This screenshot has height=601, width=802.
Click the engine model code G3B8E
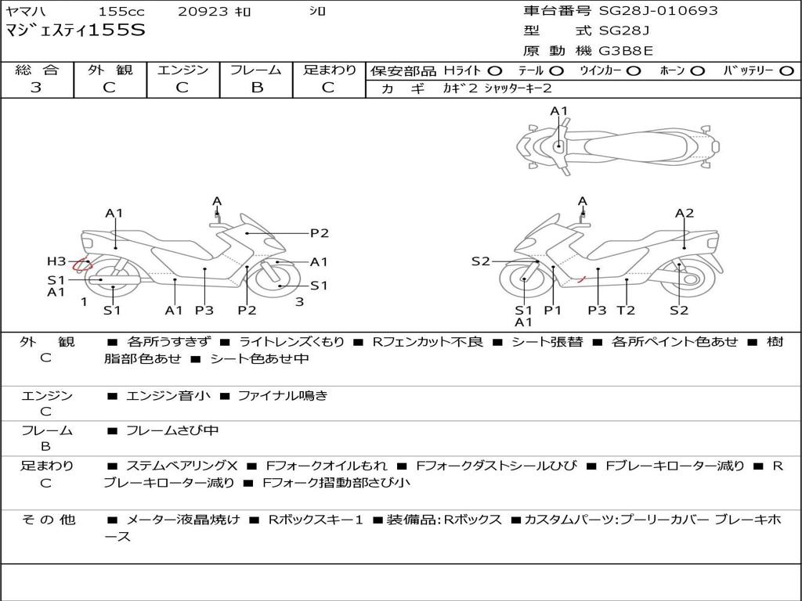(x=626, y=51)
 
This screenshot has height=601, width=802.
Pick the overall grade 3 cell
(x=36, y=88)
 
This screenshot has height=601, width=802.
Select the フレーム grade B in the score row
(x=256, y=88)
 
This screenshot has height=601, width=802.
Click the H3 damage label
(x=56, y=261)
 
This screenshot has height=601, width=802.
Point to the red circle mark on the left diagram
(x=81, y=265)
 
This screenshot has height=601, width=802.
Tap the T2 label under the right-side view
(x=626, y=310)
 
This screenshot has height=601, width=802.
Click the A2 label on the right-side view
(x=685, y=213)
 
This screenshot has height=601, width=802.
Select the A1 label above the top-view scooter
(x=558, y=111)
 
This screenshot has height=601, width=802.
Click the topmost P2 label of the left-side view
(x=319, y=232)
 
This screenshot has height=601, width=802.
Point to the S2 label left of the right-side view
(x=480, y=261)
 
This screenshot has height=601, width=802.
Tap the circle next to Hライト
(x=495, y=70)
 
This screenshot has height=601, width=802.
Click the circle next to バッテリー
(x=786, y=70)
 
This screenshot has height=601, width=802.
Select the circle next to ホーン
(x=698, y=70)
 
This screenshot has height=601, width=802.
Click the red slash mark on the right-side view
(x=580, y=278)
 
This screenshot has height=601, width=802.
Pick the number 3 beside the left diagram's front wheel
(x=298, y=301)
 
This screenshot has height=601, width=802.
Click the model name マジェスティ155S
(x=75, y=31)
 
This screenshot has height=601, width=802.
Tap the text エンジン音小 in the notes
(x=168, y=396)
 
